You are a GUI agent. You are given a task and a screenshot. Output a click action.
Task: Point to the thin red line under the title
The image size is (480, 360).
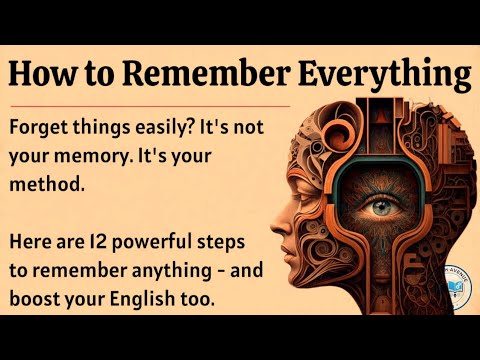(x=150, y=105)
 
